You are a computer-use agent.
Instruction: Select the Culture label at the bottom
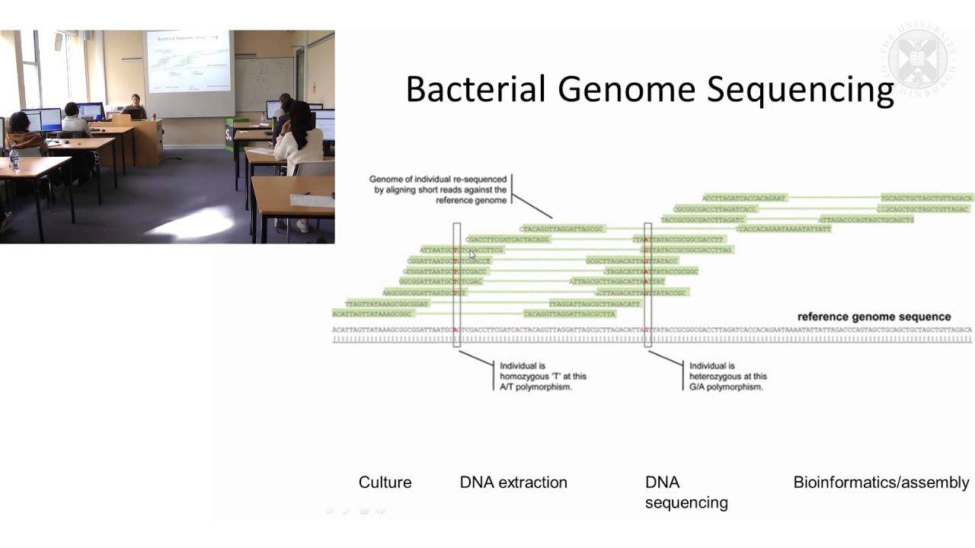[385, 483]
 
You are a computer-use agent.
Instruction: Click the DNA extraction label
[513, 483]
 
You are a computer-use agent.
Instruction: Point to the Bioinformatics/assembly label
[881, 483]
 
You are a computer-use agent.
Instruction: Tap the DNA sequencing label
[686, 492]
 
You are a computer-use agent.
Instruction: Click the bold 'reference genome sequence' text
[874, 317]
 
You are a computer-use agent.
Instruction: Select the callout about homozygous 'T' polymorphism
[542, 376]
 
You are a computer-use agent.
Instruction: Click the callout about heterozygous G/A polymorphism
[727, 376]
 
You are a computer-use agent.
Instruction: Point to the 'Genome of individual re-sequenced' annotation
[439, 190]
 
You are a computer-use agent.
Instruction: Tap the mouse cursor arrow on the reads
[472, 255]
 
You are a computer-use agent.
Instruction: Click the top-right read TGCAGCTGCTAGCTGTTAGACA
[927, 198]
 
